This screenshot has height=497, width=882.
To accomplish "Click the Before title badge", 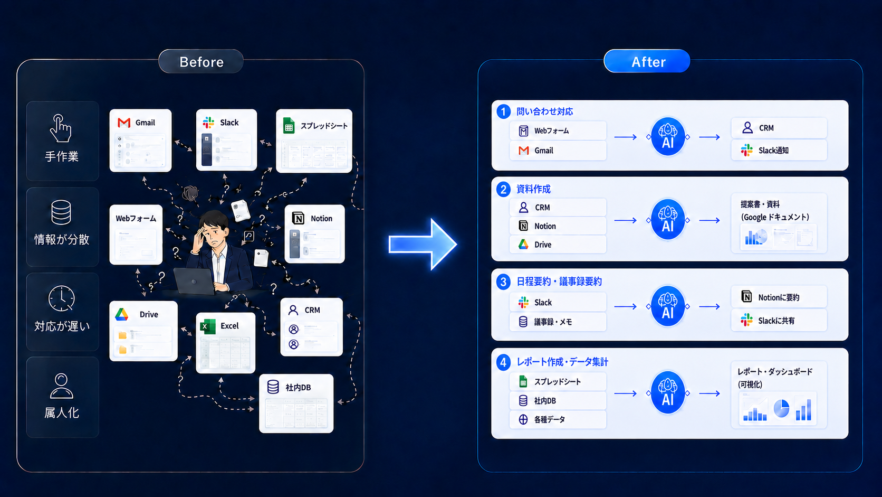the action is point(201,61).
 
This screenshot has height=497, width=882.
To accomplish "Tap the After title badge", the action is point(647,61).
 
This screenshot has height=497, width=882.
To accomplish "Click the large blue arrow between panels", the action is point(423,244).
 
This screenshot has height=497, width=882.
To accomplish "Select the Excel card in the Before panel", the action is point(226,342).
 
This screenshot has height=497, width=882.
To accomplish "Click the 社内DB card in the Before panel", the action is point(296,403).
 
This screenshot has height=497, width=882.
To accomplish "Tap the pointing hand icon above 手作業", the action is point(61,128).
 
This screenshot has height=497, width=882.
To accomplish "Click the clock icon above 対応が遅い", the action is point(61,299).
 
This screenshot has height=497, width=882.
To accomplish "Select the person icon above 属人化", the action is point(61,386).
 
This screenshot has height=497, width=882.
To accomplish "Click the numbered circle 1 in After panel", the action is point(503,111).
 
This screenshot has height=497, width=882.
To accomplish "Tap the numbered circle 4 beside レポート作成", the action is point(503,362).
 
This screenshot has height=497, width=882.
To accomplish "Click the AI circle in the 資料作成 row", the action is point(668,220).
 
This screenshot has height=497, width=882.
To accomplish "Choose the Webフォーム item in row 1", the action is point(558,131).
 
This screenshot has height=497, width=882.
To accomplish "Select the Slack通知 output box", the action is point(779,151).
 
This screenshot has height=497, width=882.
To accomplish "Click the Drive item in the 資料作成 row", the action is point(558,245).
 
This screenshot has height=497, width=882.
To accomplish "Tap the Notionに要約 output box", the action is point(779,297).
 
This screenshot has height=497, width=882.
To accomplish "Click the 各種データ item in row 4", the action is point(558,419).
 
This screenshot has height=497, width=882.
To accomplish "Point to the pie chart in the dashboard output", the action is point(781,408).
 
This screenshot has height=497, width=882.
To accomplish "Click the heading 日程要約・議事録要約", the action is point(559,282).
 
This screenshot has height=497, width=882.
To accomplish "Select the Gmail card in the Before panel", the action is point(140,140).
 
